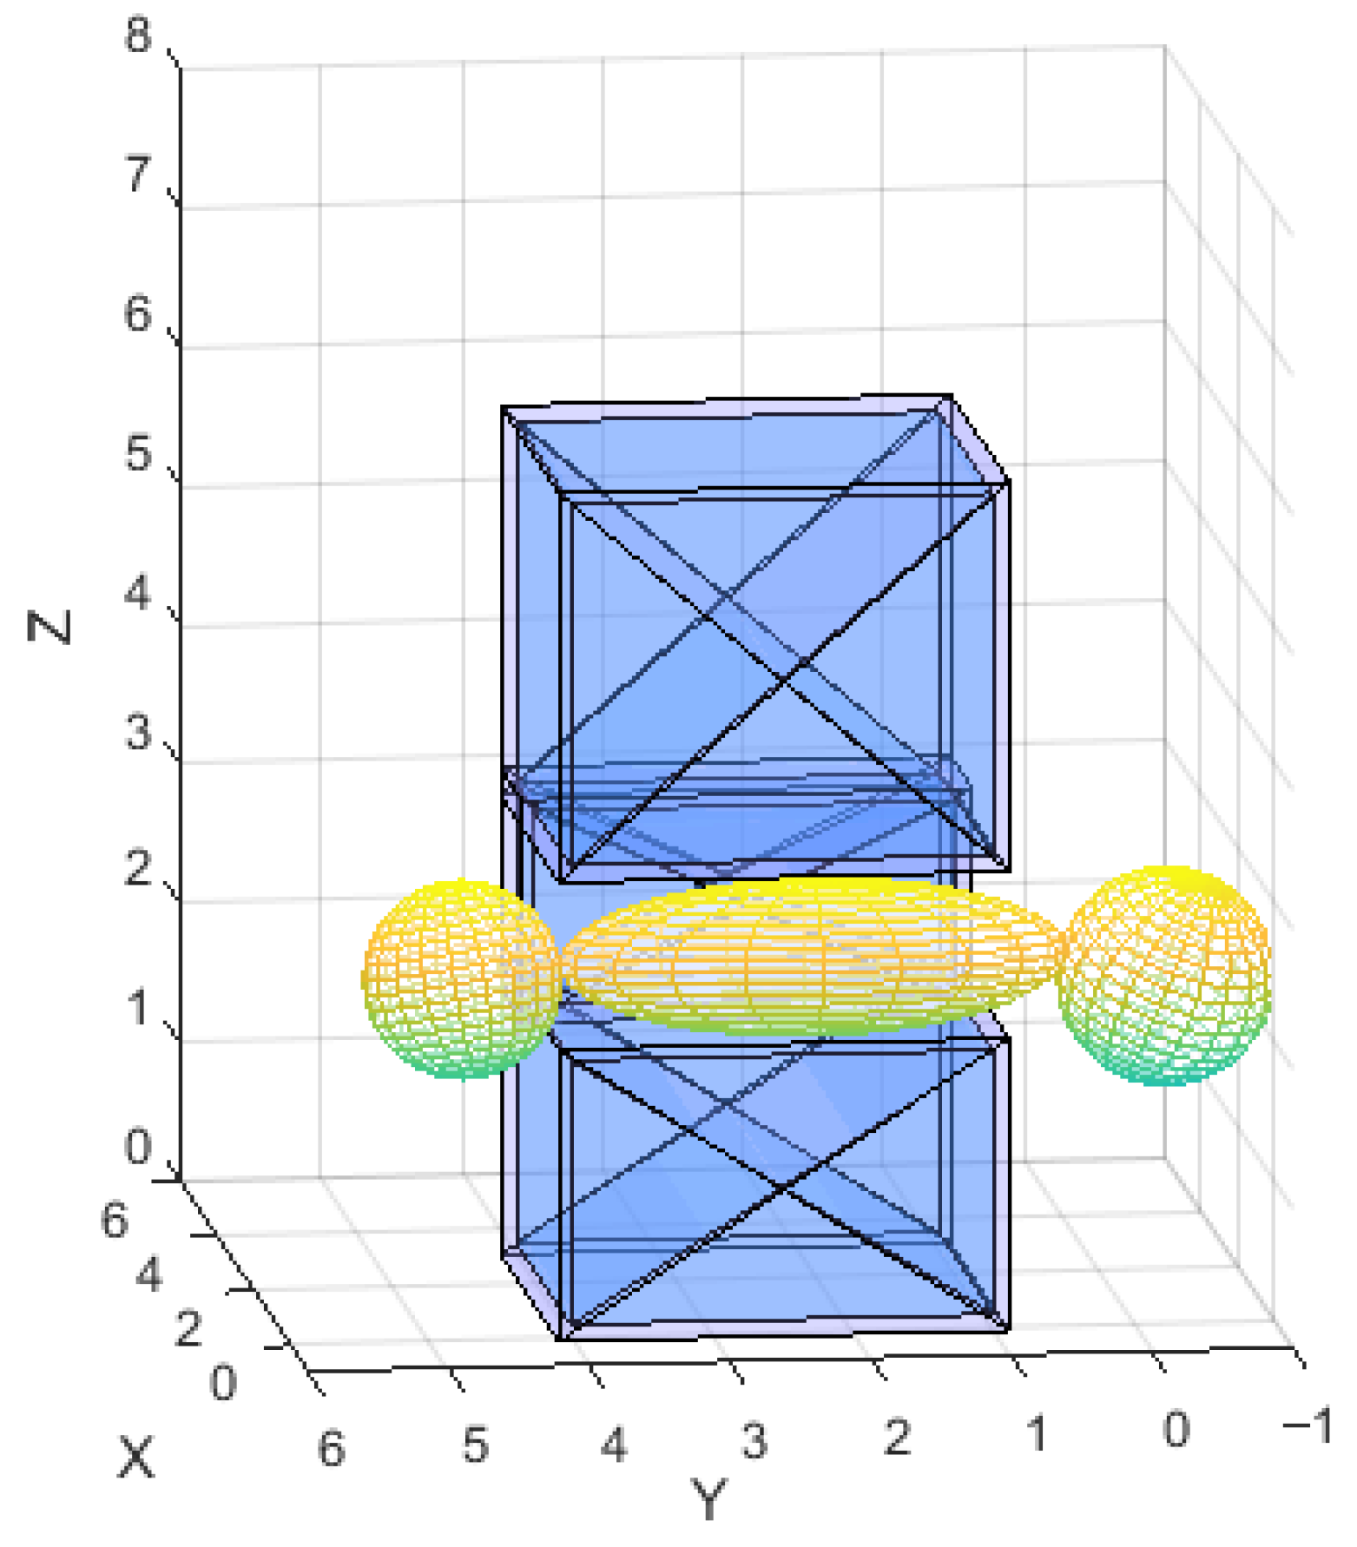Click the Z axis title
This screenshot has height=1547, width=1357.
click(49, 627)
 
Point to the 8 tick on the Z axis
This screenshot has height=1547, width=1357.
click(138, 36)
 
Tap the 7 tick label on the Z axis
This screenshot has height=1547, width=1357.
click(138, 175)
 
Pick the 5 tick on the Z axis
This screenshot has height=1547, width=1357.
click(138, 453)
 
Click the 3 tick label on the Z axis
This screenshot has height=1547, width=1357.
click(138, 731)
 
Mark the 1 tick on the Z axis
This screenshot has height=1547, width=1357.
click(138, 1009)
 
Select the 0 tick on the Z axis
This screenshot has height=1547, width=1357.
click(138, 1148)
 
